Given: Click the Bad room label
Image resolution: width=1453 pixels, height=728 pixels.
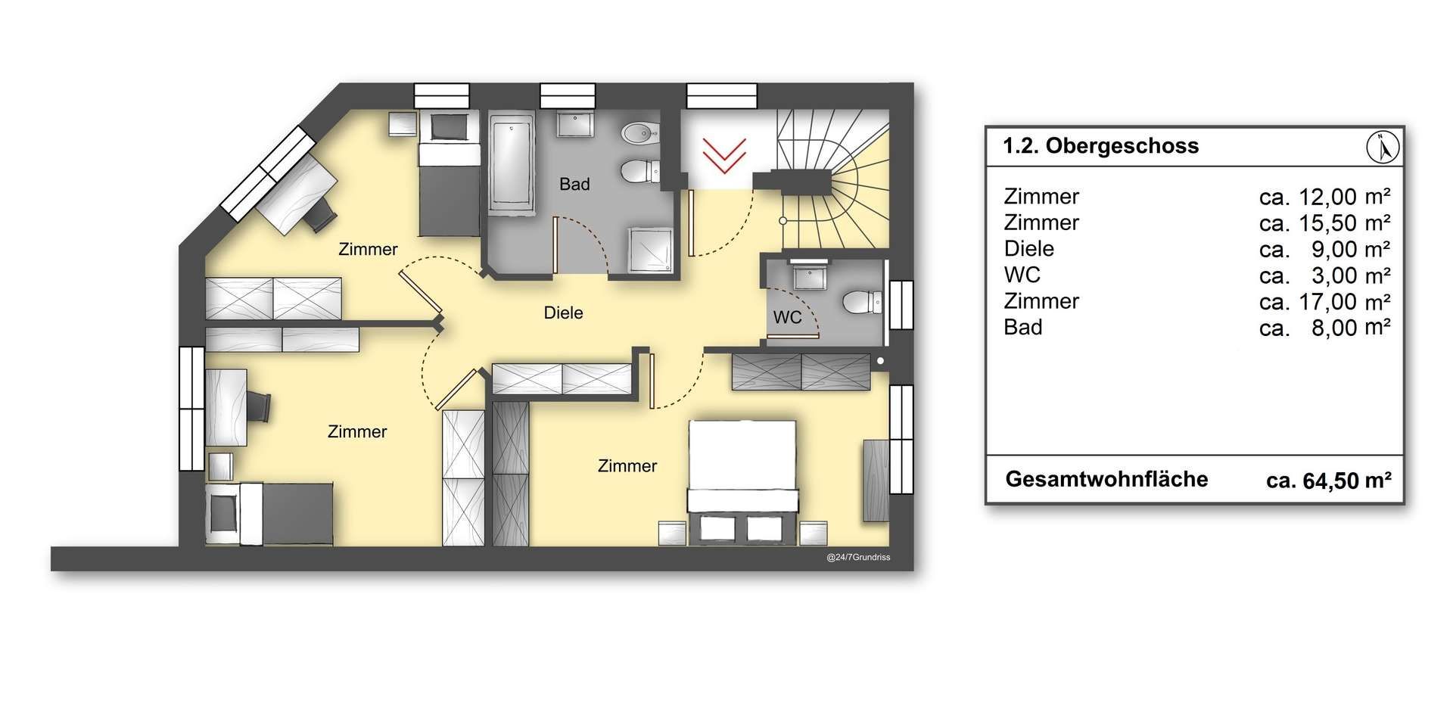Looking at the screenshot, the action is (574, 184).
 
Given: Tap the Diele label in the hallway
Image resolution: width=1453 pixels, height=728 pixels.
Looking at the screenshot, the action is (564, 313).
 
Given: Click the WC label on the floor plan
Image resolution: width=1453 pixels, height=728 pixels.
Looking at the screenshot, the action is (787, 317).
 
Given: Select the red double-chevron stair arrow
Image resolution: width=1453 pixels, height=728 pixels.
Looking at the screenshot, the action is (724, 155).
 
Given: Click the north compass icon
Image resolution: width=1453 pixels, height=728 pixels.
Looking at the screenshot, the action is (1383, 147).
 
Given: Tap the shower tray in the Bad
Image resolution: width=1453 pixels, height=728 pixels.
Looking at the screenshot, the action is (649, 250).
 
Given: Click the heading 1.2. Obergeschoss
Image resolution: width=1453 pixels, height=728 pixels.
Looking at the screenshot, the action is (1101, 146).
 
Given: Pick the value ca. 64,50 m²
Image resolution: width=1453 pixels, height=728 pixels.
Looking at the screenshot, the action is (1329, 481).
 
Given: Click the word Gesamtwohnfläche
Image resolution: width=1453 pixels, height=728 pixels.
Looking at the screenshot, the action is (1106, 480).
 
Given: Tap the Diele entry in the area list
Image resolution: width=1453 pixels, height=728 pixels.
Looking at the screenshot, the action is (1029, 249).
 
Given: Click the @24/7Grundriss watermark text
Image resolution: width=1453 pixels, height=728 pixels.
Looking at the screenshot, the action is (858, 558).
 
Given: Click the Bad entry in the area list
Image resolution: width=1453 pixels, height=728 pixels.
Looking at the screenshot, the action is (1023, 328).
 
